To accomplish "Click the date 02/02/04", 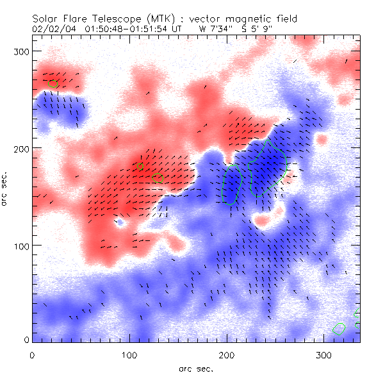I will [x=52, y=29].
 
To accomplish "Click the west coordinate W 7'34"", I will [x=216, y=29].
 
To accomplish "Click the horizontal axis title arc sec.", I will [x=195, y=368].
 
